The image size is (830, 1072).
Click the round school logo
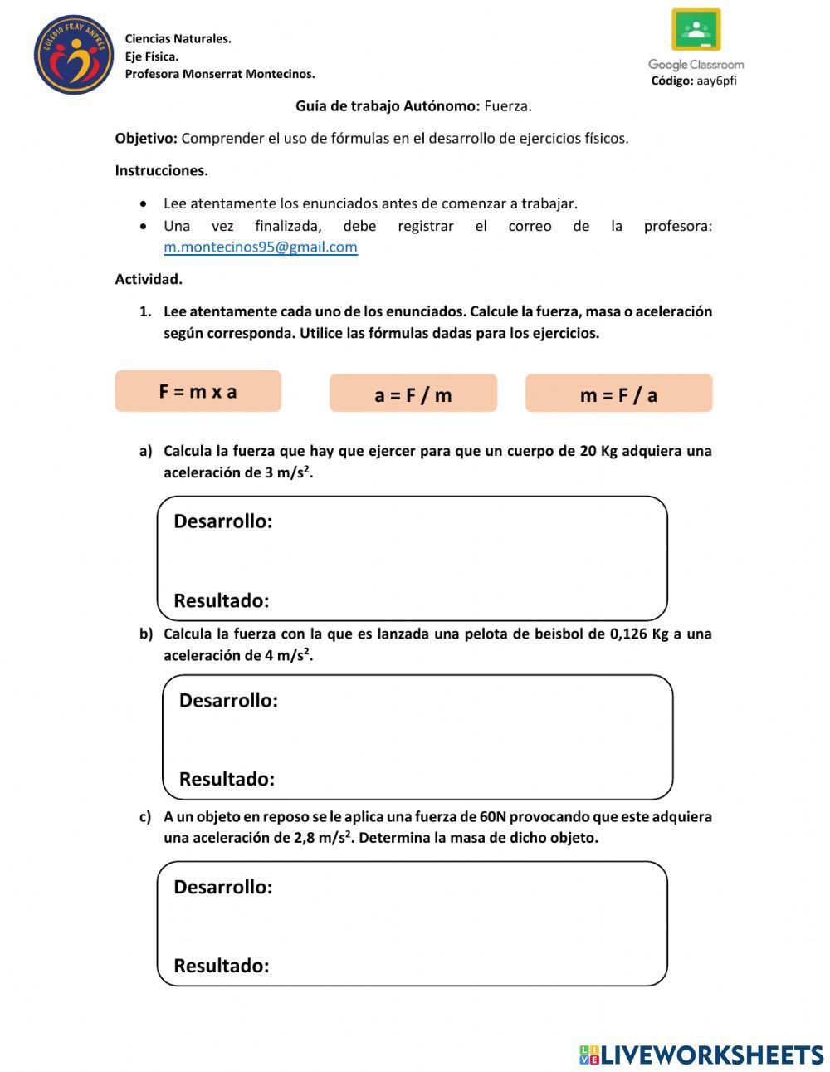tap(73, 55)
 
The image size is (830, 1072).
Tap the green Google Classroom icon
tap(696, 31)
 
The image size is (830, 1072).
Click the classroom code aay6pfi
tap(716, 81)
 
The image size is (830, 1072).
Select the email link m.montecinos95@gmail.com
tap(261, 247)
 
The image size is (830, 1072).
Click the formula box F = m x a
tap(198, 391)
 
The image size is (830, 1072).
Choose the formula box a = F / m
tap(413, 394)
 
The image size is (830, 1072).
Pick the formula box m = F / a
tap(618, 394)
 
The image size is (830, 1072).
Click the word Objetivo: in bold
tap(146, 138)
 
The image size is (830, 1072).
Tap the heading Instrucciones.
tap(161, 170)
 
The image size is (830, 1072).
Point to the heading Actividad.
tap(149, 279)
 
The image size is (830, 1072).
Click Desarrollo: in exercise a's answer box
tap(222, 521)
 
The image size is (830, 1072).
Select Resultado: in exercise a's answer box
tap(221, 600)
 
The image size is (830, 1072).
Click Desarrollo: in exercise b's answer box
tap(228, 700)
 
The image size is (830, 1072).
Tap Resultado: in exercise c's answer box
tap(221, 966)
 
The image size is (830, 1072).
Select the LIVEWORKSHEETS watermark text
tap(711, 1055)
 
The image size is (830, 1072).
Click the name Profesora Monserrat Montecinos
tap(220, 74)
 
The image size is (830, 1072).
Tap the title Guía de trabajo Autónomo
tap(388, 105)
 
